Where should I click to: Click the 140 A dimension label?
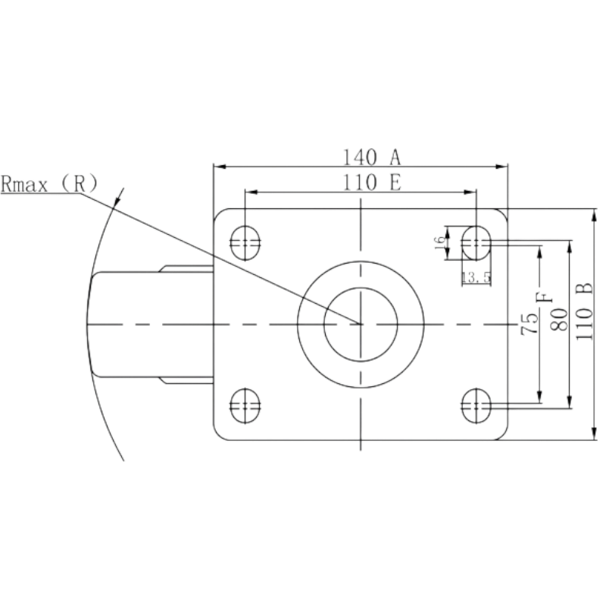point(372,158)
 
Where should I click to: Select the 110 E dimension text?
point(372,183)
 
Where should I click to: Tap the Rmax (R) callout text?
point(49,183)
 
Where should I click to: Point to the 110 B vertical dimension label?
point(584,311)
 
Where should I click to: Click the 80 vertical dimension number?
point(559,319)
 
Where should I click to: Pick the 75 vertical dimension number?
point(529,323)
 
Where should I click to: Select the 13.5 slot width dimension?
point(476,277)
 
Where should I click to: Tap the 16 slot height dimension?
point(440,242)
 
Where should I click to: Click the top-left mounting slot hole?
point(245,242)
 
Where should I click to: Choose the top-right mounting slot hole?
point(476,242)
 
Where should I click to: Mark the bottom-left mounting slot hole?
point(245,406)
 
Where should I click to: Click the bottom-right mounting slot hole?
point(476,406)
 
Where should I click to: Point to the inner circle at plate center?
point(361,288)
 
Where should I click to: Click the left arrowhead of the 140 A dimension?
point(220,167)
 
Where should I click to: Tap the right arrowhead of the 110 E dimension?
point(470,192)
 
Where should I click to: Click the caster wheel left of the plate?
point(151,324)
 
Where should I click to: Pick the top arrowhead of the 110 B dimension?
point(595,215)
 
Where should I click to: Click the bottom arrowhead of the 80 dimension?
point(570,402)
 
